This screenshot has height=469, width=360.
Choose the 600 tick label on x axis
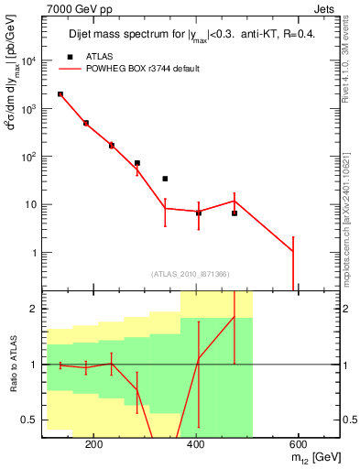(x=299, y=444)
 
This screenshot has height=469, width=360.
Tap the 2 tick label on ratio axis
(x=33, y=310)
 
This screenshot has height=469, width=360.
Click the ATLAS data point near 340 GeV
(x=165, y=179)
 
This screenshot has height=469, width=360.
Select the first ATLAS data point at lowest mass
(x=60, y=94)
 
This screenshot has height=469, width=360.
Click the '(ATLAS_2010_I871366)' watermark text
(x=191, y=274)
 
